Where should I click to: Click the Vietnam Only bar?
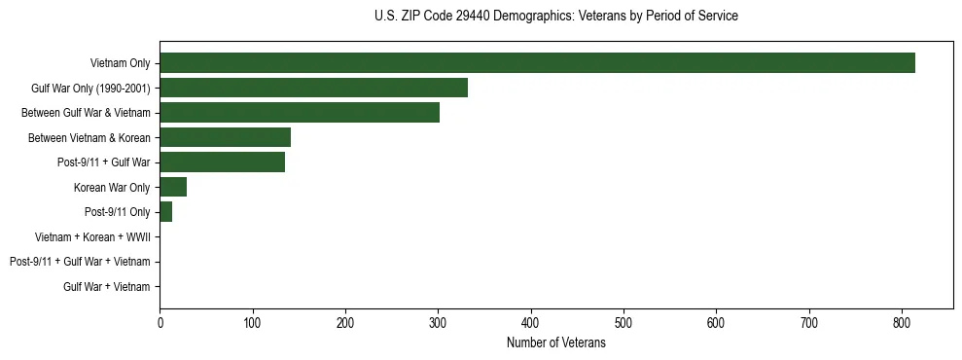[x=537, y=63]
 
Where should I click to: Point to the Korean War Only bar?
[x=173, y=187]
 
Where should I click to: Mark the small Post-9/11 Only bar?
[x=166, y=212]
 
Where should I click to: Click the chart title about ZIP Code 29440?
[x=555, y=16]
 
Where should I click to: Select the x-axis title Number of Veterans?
[x=555, y=342]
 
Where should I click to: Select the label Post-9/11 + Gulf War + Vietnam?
[x=80, y=262]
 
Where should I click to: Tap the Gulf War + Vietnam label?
[x=106, y=286]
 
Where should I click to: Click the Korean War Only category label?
[x=111, y=187]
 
